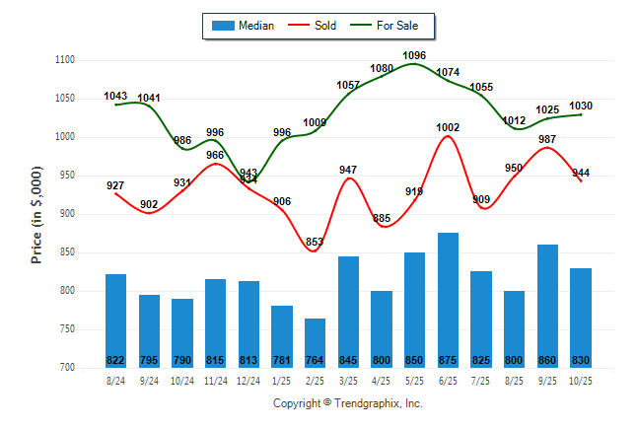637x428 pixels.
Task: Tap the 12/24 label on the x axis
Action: (248, 380)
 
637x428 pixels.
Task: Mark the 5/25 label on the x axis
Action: (415, 380)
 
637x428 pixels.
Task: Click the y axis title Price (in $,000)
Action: (36, 214)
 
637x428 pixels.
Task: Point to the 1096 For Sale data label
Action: (415, 55)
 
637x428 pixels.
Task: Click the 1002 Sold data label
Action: (449, 127)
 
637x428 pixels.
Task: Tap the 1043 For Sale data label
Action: (115, 96)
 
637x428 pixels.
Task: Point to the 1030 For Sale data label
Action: (581, 106)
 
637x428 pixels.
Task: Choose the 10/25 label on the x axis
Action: (582, 380)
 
